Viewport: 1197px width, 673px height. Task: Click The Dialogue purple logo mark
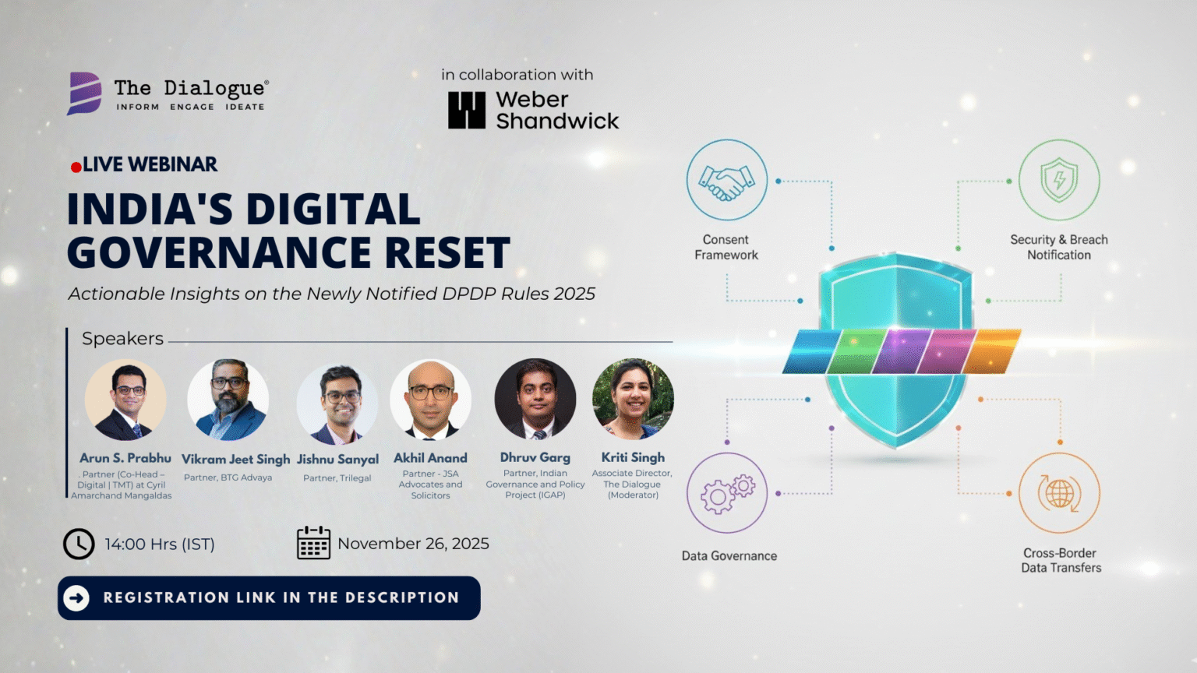[84, 93]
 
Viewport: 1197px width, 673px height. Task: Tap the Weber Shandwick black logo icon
[467, 110]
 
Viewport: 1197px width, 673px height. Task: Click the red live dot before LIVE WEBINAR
[76, 167]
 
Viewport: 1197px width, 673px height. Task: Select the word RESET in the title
[447, 252]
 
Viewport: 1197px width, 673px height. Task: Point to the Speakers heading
[122, 339]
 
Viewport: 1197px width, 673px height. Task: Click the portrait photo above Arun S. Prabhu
[125, 400]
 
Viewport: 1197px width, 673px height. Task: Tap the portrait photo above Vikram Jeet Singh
[228, 400]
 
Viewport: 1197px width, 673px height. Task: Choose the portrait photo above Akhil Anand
[431, 400]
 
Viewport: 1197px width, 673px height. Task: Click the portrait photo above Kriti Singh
[633, 399]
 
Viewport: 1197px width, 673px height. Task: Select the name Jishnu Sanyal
[337, 460]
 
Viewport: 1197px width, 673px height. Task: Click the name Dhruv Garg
[535, 458]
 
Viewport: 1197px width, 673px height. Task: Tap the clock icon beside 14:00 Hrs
[79, 544]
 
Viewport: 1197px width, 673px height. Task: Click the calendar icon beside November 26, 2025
[314, 543]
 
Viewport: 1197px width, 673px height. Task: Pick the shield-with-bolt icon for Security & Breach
[1059, 180]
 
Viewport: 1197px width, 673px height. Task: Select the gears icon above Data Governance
[727, 494]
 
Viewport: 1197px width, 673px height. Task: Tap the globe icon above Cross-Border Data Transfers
[1060, 493]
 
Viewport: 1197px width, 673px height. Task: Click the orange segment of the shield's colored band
[992, 351]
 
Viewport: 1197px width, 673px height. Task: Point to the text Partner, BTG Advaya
[228, 477]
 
